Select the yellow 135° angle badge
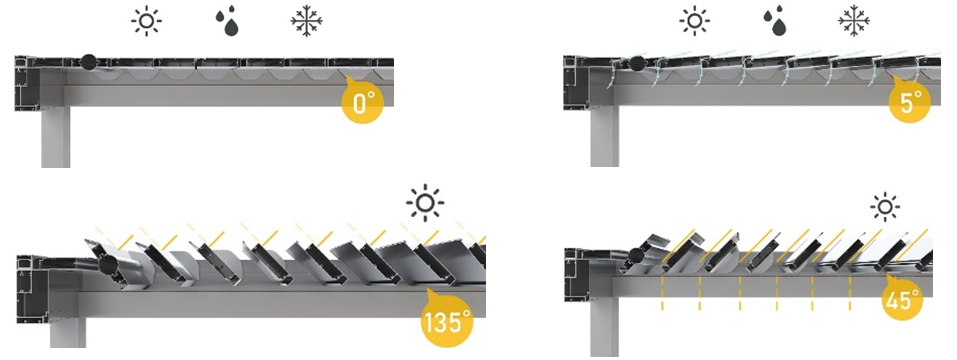[x=447, y=320]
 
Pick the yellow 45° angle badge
[x=902, y=298]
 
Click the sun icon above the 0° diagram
[x=146, y=21]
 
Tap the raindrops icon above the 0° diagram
[x=227, y=23]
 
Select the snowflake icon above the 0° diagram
[x=306, y=21]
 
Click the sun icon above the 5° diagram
[x=695, y=21]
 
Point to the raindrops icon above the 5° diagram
[x=775, y=23]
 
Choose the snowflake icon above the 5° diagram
[x=854, y=21]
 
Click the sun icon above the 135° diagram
[x=425, y=203]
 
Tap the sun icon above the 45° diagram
[x=885, y=207]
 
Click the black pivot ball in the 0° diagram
[x=88, y=62]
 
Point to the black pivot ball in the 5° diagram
[x=638, y=62]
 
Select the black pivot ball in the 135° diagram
[x=108, y=265]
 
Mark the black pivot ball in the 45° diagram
[x=637, y=255]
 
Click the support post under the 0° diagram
[x=56, y=137]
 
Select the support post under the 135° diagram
[x=68, y=333]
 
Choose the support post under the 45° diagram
[x=604, y=328]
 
